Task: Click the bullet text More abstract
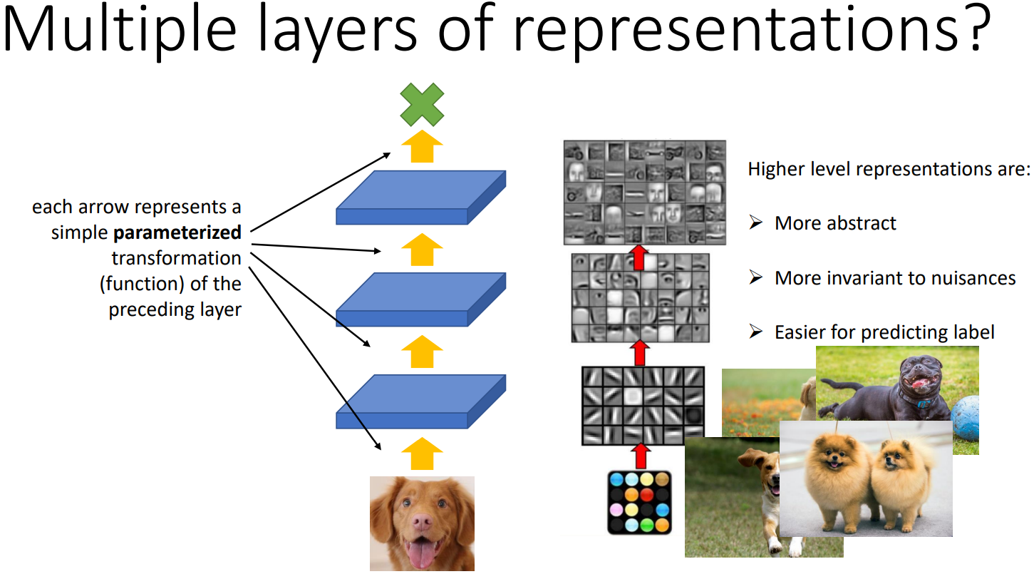click(x=834, y=223)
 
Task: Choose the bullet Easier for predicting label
click(x=884, y=332)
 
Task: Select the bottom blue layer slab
click(x=420, y=403)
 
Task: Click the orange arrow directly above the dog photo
click(x=422, y=453)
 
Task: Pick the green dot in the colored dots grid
click(x=647, y=525)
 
